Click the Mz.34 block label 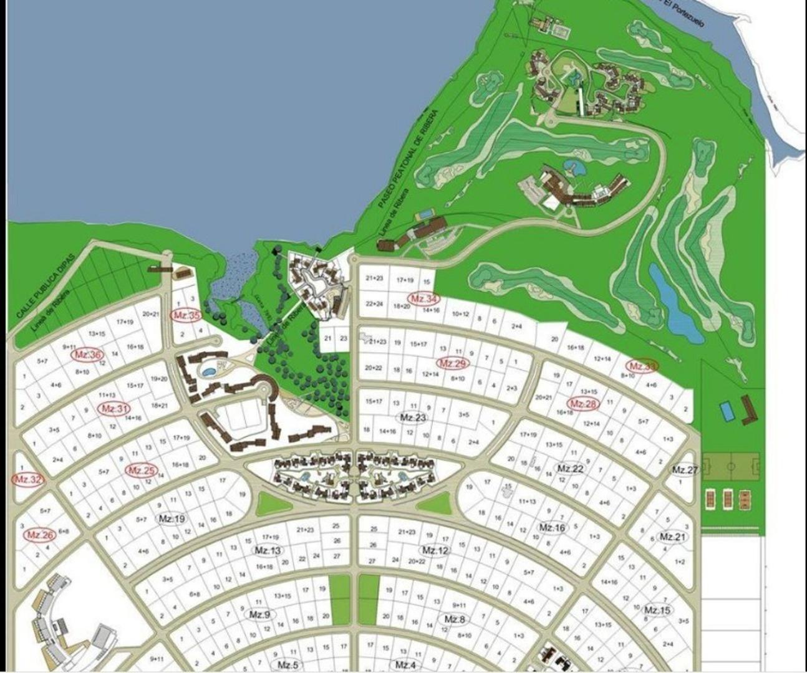pos(422,298)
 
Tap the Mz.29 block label pos(453,363)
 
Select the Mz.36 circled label pos(87,355)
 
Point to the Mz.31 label pos(115,409)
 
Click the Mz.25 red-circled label pos(142,470)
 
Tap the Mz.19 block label pos(172,518)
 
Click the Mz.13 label pos(268,550)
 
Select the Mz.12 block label pos(435,550)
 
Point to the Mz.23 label pos(413,417)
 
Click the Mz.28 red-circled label pos(583,404)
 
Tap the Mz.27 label pos(685,470)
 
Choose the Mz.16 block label pos(552,528)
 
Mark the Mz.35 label pos(186,315)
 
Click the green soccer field pos(731,467)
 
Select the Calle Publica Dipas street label pos(46,288)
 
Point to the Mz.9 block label pos(259,614)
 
